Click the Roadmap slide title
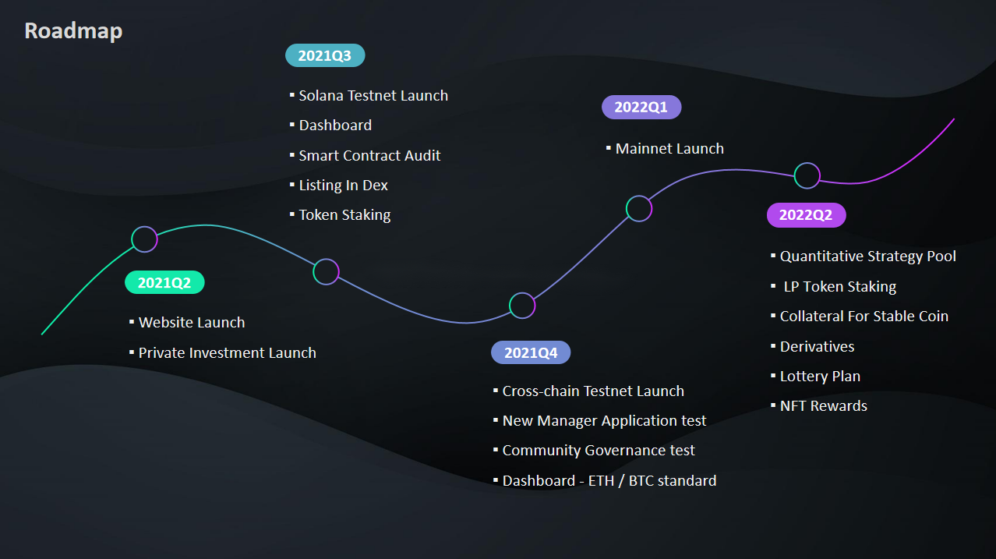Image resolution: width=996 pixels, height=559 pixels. tap(73, 31)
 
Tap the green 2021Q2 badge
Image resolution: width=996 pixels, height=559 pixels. tap(164, 283)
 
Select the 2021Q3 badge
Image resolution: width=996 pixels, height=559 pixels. tap(325, 55)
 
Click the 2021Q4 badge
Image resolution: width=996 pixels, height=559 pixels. tap(531, 353)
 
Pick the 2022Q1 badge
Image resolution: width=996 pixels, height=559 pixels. tap(641, 108)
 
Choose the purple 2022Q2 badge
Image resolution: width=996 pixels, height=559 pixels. tap(806, 216)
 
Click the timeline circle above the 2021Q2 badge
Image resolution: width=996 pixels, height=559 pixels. tap(144, 239)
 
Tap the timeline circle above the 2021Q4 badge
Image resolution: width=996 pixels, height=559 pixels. tap(522, 306)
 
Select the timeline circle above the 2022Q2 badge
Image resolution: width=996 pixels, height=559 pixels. tap(807, 175)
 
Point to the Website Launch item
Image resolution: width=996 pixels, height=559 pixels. tap(192, 323)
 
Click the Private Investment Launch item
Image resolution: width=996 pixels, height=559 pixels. tap(227, 353)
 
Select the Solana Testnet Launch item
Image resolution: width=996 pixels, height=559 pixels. tap(373, 96)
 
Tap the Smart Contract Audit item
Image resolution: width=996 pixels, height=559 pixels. tap(369, 156)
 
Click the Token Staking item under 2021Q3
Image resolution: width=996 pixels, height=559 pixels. tap(344, 215)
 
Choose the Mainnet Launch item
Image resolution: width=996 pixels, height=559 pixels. tap(669, 149)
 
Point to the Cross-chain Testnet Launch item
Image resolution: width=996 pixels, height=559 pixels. tap(593, 391)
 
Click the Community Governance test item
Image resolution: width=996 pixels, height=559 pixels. tap(599, 451)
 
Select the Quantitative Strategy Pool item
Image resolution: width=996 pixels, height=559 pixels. tap(867, 257)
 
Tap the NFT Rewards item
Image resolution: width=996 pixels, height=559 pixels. tap(823, 406)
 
